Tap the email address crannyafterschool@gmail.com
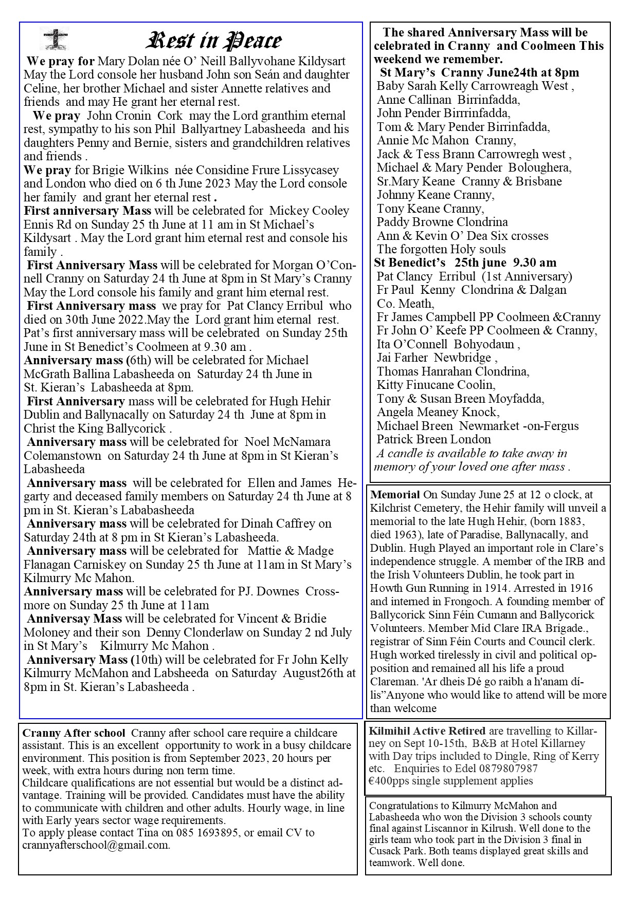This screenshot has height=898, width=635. pos(96,845)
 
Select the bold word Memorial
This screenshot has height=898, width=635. pos(395,495)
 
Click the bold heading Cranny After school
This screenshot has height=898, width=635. pos(74,733)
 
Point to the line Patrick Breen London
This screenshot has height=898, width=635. pos(433,439)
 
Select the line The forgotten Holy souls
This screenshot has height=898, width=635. pos(441,249)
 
